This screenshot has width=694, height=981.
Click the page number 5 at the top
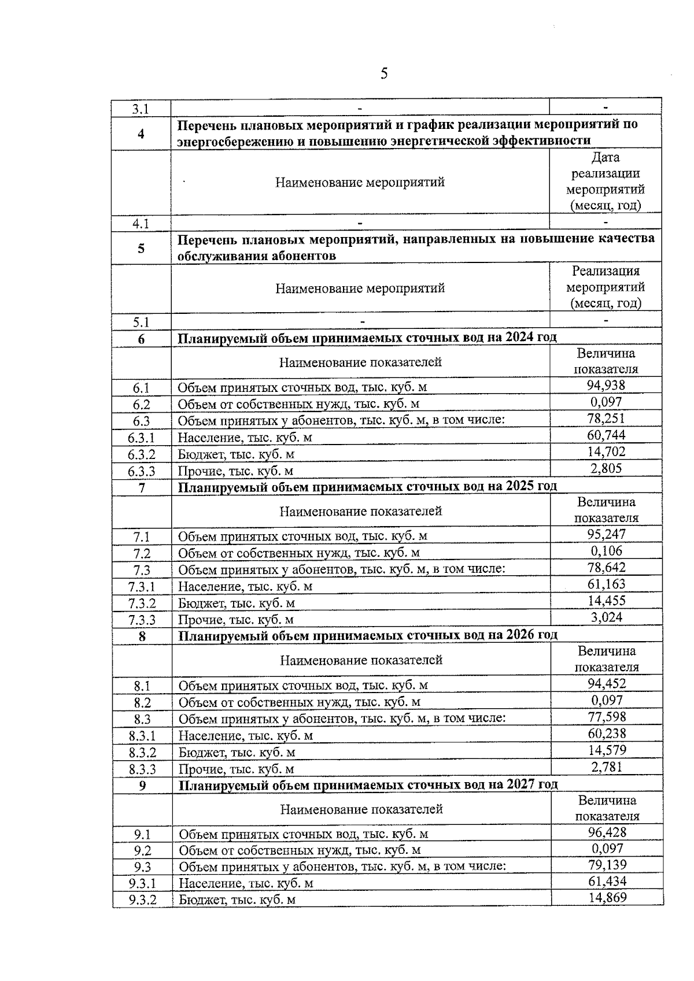click(383, 74)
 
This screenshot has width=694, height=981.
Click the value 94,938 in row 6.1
click(606, 386)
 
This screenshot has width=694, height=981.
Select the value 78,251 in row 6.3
click(606, 419)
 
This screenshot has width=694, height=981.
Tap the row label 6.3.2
click(142, 455)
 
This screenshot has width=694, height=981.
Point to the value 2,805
click(606, 468)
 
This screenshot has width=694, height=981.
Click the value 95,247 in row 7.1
click(607, 535)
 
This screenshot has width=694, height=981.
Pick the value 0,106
click(607, 551)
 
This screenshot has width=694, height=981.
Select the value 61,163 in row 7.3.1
click(607, 584)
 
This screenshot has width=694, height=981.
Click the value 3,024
click(607, 617)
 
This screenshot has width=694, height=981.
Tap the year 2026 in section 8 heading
click(520, 635)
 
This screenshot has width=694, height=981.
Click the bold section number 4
click(141, 134)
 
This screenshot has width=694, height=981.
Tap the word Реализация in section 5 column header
click(606, 271)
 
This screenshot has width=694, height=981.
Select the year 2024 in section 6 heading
click(519, 337)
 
